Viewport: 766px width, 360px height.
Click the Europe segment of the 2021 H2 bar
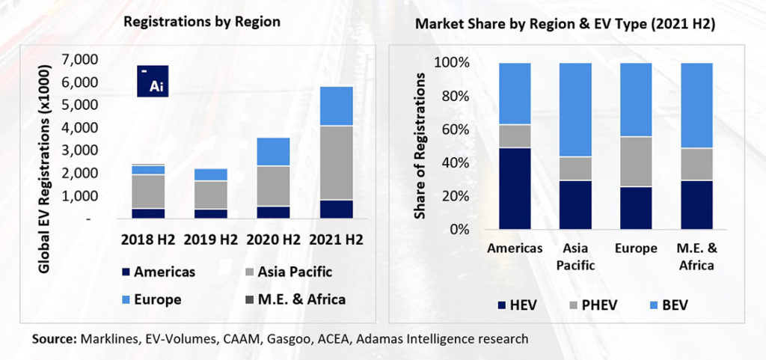click(337, 106)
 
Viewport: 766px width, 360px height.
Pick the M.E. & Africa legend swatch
click(248, 299)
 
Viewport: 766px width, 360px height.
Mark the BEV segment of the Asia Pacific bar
click(575, 109)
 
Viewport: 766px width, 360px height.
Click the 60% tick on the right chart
click(453, 129)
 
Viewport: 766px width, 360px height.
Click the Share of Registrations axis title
click(421, 147)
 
